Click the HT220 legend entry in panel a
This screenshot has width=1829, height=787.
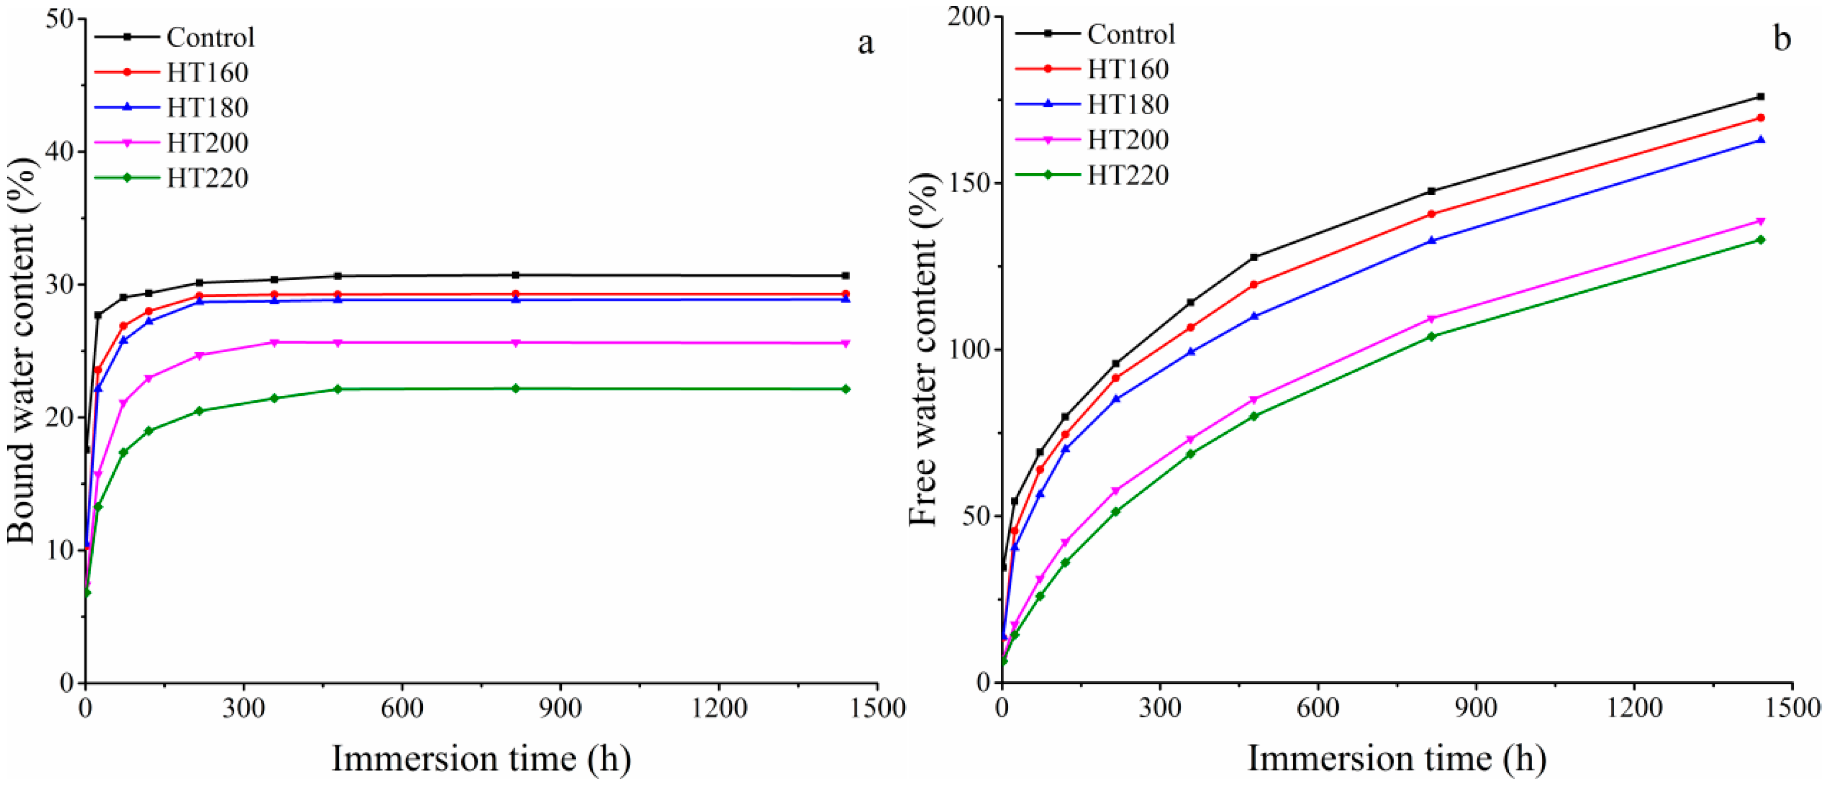[x=207, y=178]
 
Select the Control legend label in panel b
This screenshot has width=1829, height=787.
[x=1131, y=34]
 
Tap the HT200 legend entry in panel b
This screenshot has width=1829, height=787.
[x=1128, y=140]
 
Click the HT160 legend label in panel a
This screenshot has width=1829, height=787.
[x=207, y=73]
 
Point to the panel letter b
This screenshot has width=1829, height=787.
[x=1782, y=39]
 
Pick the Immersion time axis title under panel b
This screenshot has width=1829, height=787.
[x=1397, y=759]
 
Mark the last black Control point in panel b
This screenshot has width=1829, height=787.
[x=1760, y=96]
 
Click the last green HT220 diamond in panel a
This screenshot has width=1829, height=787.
[x=846, y=389]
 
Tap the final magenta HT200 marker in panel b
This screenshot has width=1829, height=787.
[x=1760, y=222]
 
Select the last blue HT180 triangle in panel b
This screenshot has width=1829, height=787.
[x=1760, y=140]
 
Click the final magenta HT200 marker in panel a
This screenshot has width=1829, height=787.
[x=846, y=343]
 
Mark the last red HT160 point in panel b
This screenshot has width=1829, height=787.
[x=1760, y=118]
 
